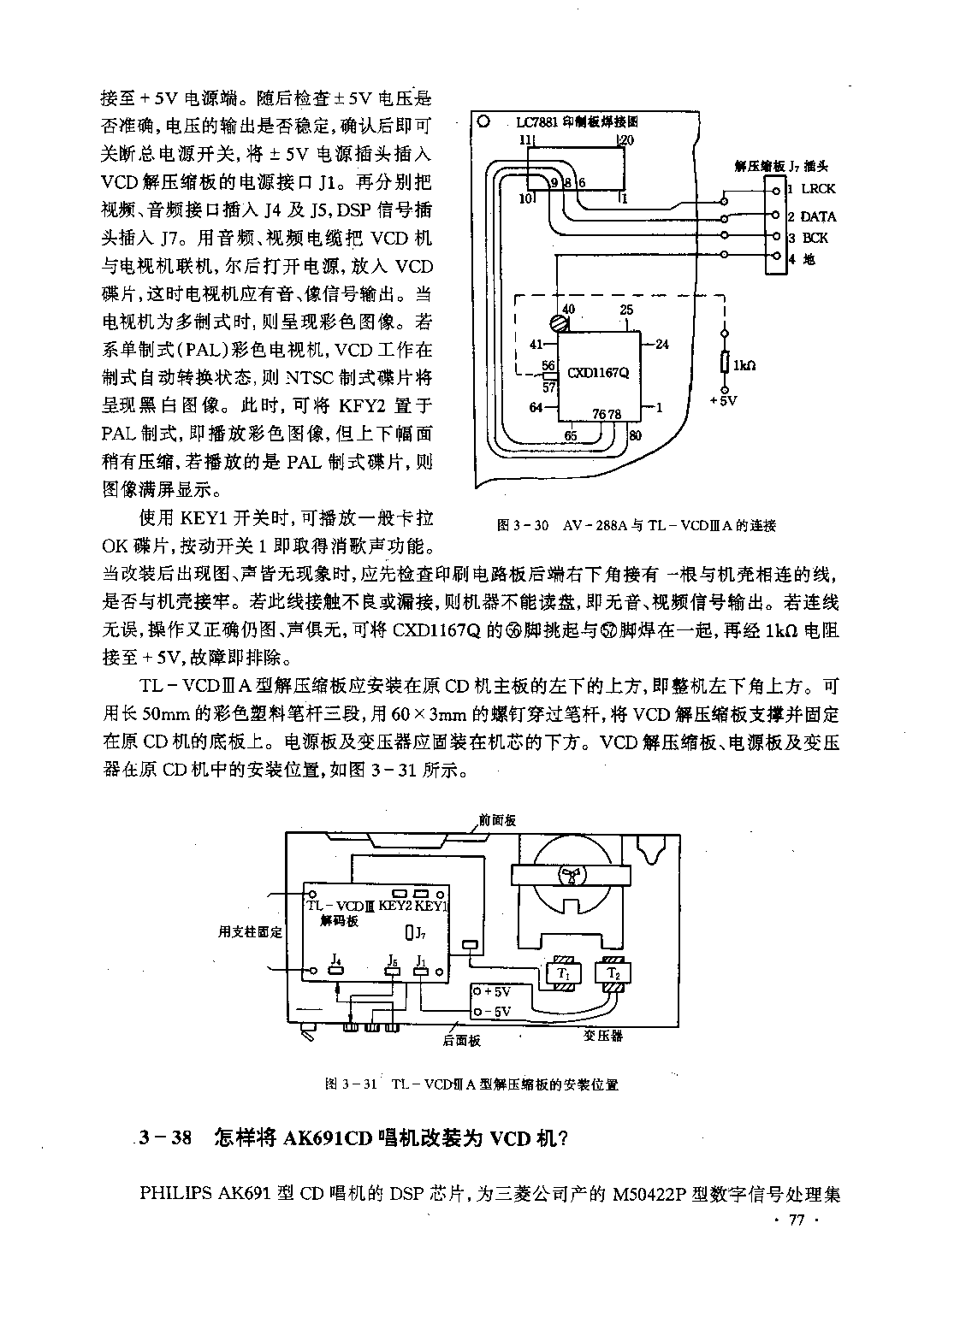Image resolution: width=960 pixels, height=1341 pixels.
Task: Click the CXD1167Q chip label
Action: tap(598, 372)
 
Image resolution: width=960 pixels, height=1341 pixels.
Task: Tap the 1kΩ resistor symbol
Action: tap(724, 363)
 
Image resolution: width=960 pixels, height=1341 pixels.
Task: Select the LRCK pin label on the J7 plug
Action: tap(818, 188)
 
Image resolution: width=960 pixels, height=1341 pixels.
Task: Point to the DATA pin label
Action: tap(818, 216)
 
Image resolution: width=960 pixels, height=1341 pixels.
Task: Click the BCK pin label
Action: tap(815, 238)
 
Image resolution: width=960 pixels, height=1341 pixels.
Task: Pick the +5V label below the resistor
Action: tap(723, 400)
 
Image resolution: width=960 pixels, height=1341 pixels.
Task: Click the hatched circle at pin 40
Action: tap(560, 324)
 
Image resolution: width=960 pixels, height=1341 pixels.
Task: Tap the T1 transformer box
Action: tap(564, 973)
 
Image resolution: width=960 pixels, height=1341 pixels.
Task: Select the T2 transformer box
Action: tap(613, 973)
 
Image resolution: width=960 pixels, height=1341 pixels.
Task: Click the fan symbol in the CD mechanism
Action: tap(572, 876)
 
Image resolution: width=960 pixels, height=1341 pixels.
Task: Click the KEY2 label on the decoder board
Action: tap(395, 906)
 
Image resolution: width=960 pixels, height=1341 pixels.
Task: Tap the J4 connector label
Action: tap(336, 959)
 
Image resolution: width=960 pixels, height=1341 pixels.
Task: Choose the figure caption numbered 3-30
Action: tap(636, 526)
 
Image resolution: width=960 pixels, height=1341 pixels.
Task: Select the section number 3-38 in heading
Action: tap(165, 1137)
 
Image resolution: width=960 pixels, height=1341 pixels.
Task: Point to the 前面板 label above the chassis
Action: tap(497, 821)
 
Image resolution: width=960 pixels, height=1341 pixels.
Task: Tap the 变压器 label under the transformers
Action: tap(603, 1035)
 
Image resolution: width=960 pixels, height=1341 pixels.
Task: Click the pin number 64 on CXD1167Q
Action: tap(536, 408)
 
